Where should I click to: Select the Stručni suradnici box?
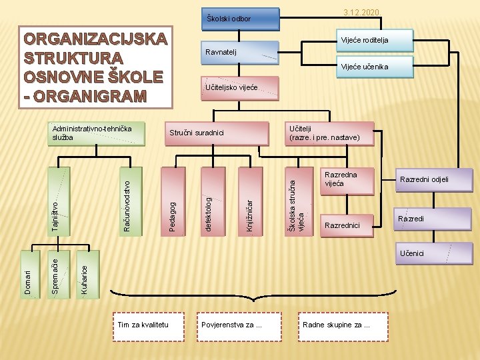click(217, 133)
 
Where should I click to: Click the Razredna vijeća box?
click(347, 179)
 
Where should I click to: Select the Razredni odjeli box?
click(424, 179)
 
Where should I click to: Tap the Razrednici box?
click(347, 225)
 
